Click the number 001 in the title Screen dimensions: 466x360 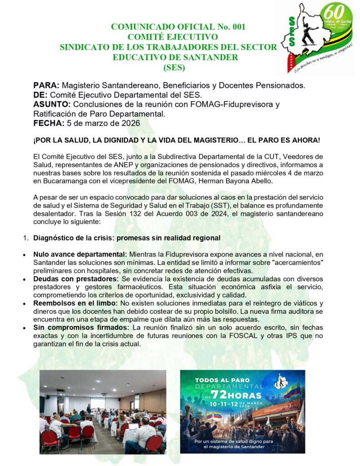[x=237, y=26]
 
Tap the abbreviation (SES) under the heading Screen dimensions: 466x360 [x=174, y=67]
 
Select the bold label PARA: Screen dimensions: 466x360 [x=46, y=85]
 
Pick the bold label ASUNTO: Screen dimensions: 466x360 [x=51, y=104]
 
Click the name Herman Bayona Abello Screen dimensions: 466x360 [x=268, y=181]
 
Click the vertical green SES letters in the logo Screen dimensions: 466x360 [x=292, y=32]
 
